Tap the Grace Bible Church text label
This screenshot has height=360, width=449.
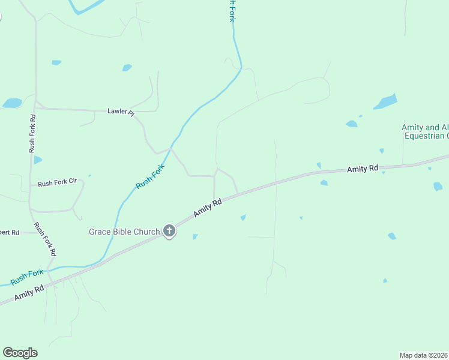124,232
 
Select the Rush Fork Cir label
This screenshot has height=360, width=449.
58,184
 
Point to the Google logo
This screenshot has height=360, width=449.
20,353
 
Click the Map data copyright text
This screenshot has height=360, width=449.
424,355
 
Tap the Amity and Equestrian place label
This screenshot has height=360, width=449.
425,131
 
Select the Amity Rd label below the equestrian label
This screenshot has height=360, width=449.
362,170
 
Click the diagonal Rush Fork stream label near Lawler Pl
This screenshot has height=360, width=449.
150,178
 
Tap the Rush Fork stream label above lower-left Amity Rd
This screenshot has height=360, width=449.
27,277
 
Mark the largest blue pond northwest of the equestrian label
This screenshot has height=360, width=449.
385,102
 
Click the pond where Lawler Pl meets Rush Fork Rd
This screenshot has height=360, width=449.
12,103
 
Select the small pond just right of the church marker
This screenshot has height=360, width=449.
195,237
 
